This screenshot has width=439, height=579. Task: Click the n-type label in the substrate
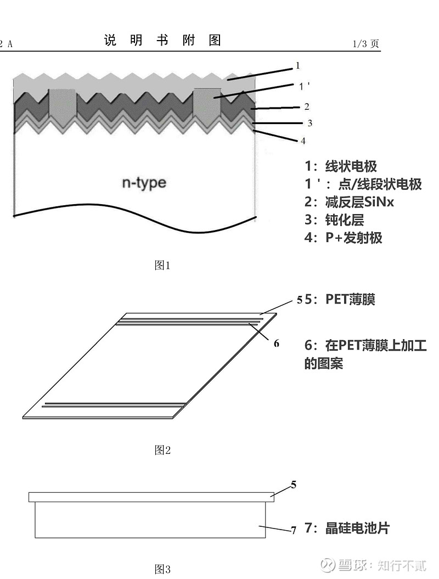[144, 183]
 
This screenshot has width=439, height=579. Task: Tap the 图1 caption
[162, 265]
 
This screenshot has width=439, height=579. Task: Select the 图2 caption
[162, 450]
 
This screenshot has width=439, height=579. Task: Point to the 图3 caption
[162, 569]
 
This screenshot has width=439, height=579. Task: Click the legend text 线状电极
[351, 166]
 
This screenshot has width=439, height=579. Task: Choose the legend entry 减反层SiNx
[359, 202]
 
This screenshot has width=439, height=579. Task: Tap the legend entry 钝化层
[345, 220]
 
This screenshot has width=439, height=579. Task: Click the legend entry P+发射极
[354, 238]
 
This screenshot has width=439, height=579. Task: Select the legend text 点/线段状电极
[380, 184]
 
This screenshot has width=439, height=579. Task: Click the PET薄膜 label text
[351, 299]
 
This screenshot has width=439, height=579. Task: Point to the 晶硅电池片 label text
[357, 528]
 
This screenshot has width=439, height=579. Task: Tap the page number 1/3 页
[365, 44]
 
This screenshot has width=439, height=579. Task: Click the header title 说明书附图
[162, 40]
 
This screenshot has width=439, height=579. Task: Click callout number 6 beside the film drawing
[277, 344]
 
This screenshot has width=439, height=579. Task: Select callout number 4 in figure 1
[303, 140]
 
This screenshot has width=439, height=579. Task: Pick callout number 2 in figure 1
[307, 106]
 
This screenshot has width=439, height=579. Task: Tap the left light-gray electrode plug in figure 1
[62, 105]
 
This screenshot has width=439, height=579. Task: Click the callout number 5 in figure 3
[294, 485]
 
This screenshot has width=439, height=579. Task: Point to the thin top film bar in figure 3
[151, 497]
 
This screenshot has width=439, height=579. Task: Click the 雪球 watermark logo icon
[328, 565]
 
